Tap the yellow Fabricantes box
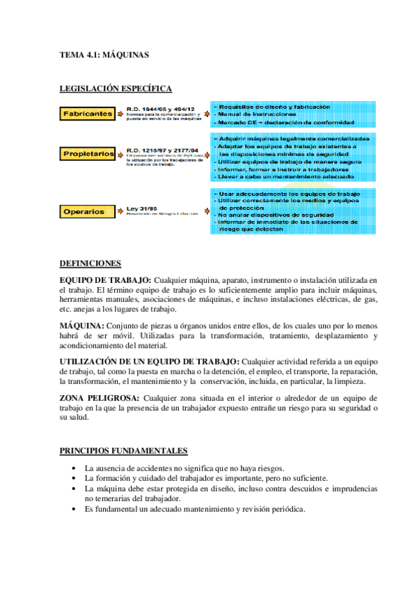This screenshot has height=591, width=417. point(87,114)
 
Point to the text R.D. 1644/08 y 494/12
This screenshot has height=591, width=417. point(160,109)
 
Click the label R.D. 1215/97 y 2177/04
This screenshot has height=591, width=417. point(162,149)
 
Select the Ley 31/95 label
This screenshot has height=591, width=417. point(141,208)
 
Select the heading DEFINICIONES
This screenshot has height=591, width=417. point(90,263)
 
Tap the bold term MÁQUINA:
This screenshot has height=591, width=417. point(82,325)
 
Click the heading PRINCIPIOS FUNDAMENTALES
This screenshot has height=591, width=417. point(123,452)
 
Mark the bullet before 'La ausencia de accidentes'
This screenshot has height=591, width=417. point(74,468)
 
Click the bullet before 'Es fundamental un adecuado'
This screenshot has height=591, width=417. point(74,509)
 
